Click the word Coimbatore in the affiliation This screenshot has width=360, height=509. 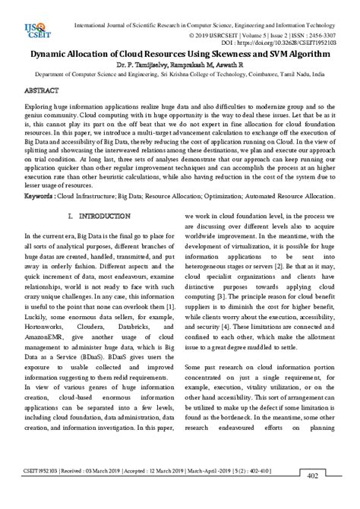click(x=276, y=76)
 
